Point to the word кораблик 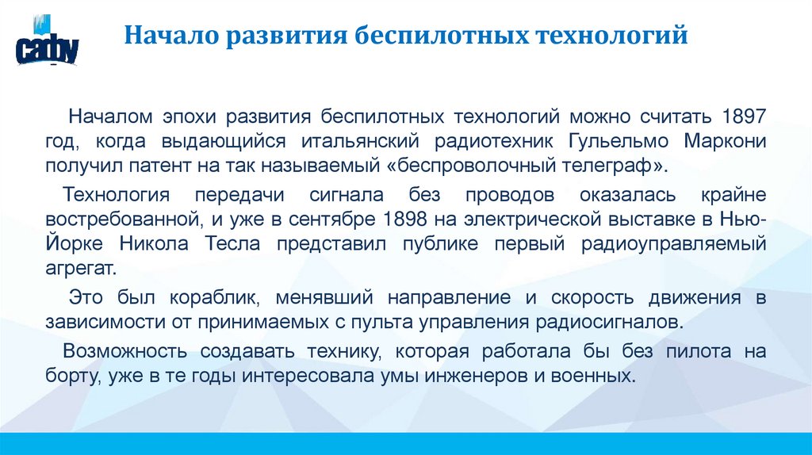pyautogui.click(x=214, y=298)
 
